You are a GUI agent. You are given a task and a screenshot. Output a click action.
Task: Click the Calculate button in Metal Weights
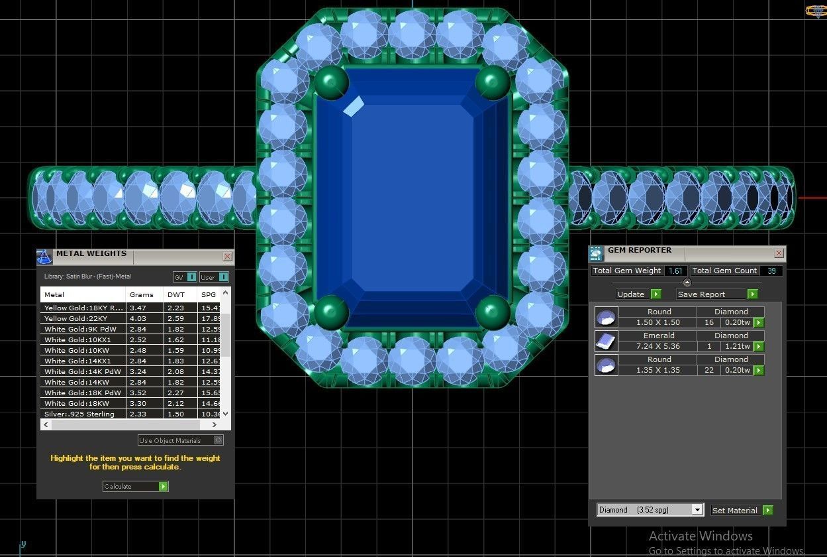click(135, 486)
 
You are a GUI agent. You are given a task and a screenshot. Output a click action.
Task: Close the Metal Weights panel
click(227, 256)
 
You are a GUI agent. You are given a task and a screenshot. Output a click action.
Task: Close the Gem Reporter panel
click(779, 253)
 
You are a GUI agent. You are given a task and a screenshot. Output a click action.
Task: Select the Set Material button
click(741, 510)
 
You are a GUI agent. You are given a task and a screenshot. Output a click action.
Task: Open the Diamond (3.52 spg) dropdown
click(696, 510)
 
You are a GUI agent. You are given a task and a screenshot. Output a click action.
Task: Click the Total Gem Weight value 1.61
click(675, 271)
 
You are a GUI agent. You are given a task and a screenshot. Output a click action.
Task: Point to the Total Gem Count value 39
click(771, 271)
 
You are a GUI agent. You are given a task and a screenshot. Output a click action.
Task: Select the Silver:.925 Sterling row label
click(79, 414)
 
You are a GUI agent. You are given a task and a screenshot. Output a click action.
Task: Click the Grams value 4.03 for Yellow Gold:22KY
click(138, 318)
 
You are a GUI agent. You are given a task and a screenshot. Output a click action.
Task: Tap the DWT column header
click(176, 294)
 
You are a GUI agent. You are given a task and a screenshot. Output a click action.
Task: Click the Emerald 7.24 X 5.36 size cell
click(658, 346)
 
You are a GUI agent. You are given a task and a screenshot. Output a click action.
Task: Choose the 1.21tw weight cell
click(736, 346)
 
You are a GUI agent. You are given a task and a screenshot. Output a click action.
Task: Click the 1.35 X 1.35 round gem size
click(658, 370)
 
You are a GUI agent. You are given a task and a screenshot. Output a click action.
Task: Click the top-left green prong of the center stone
click(331, 83)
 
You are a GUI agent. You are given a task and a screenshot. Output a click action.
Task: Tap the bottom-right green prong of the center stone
click(493, 312)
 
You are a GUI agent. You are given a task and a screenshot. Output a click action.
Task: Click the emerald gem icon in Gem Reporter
click(606, 341)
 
